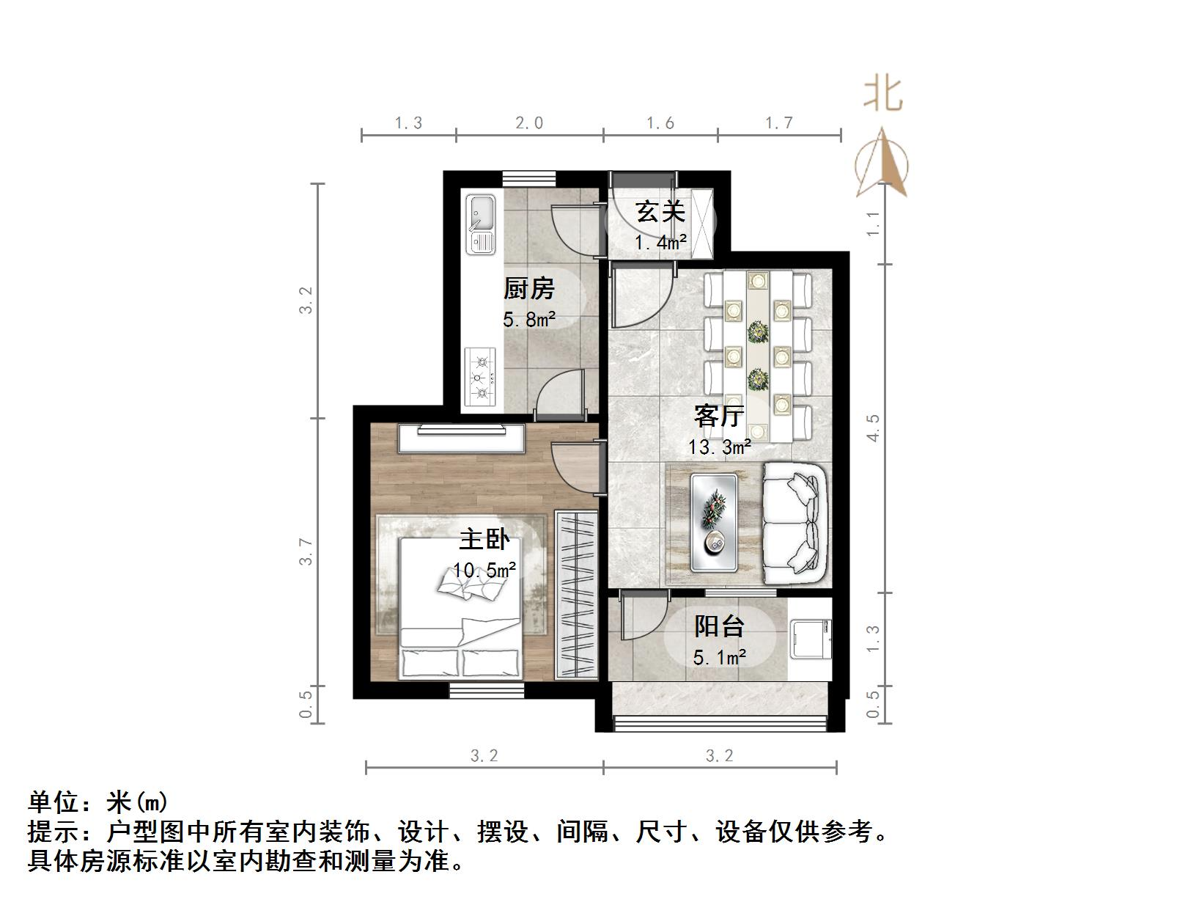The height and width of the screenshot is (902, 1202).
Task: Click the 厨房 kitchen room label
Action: tap(528, 289)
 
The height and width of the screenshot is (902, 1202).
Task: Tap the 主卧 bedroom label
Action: tap(484, 540)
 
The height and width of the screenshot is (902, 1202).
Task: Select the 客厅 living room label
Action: tap(719, 416)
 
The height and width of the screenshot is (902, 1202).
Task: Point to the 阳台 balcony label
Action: tap(719, 626)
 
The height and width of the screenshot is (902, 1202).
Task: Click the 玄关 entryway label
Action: tap(660, 212)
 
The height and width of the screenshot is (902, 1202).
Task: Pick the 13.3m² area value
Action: tap(719, 447)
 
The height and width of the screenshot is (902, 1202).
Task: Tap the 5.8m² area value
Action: tap(528, 320)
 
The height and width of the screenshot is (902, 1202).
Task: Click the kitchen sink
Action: tap(481, 224)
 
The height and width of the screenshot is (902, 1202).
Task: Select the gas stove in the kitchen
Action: tap(481, 378)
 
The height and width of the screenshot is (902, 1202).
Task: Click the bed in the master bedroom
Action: tap(460, 609)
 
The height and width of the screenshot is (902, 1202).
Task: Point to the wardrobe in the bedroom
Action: tap(576, 594)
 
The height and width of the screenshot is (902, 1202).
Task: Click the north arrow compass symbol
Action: tap(882, 164)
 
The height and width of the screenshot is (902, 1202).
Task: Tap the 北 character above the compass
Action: tap(882, 95)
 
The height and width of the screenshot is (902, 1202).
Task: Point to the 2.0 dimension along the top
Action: tap(529, 123)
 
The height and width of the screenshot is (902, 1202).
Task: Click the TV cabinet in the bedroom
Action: tap(461, 439)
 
